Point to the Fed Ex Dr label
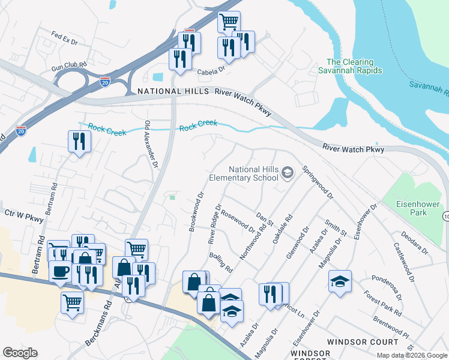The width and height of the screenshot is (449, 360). point(65,38)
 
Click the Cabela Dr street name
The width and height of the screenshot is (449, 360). point(211,70)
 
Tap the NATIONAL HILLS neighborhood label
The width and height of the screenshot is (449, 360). point(172,91)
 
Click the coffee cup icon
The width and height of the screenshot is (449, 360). point(60,271)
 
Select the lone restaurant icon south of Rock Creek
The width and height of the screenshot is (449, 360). point(79,142)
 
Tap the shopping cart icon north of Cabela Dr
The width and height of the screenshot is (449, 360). point(229,22)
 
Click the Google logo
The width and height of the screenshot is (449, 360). point(20,353)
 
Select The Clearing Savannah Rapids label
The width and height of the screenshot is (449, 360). point(354,66)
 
